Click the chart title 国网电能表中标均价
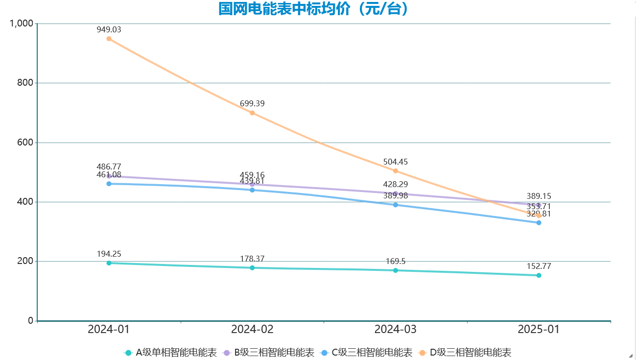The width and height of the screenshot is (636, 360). (313, 9)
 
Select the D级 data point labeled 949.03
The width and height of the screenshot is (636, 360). (109, 39)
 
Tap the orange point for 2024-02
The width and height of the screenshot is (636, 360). (252, 113)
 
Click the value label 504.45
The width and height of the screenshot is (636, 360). (396, 162)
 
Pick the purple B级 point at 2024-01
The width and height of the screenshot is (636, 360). (109, 176)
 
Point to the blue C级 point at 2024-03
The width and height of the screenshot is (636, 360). (396, 205)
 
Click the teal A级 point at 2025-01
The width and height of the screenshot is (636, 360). (539, 275)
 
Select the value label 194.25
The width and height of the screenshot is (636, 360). (109, 254)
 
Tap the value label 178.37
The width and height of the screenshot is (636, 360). (252, 259)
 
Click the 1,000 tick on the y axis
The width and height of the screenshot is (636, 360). (22, 24)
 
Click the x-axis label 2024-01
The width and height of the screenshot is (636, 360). (109, 329)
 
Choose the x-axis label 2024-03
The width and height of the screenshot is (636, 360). (396, 329)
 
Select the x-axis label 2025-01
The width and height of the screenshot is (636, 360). (539, 329)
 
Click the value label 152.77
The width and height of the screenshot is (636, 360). (539, 266)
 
